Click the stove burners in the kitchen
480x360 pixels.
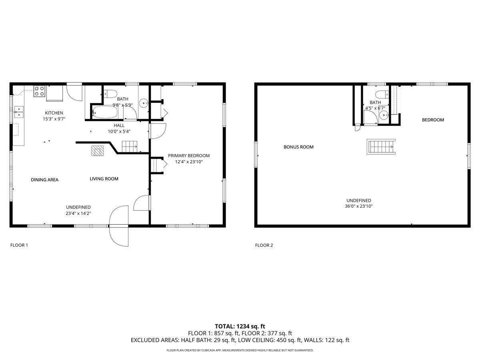[x=39, y=91]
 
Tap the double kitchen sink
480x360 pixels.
[x=18, y=111]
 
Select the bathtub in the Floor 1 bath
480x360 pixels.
[x=104, y=113]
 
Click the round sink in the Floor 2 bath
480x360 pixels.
[x=384, y=116]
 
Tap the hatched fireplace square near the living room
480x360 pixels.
[x=97, y=150]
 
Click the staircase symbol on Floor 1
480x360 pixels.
[x=130, y=147]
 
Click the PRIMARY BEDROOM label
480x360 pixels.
[x=188, y=156]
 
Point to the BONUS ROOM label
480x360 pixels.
[x=298, y=147]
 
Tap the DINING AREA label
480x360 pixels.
[x=44, y=180]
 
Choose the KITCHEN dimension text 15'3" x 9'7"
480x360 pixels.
[x=54, y=119]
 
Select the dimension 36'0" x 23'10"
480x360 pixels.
[x=358, y=206]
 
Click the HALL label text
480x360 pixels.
[x=119, y=125]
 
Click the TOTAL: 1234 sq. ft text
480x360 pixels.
[x=240, y=326]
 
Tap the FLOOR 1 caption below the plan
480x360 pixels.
[x=19, y=245]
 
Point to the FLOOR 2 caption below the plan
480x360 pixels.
[x=264, y=245]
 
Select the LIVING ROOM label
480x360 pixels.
[x=104, y=179]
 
